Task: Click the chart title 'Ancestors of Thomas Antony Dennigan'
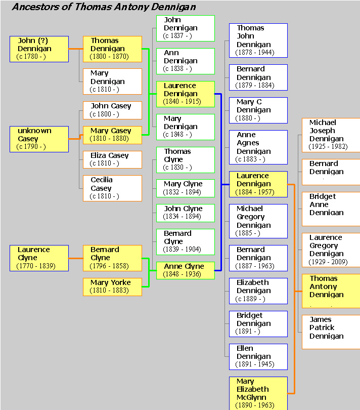104,7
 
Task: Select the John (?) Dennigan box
39,49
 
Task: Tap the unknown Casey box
39,139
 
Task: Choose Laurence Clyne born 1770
39,258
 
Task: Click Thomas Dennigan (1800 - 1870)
112,49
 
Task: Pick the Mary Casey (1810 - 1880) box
112,135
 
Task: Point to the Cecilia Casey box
112,188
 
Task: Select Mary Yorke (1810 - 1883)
112,286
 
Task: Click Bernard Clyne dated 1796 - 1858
112,258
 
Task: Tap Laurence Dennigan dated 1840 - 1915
185,94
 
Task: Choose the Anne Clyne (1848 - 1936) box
185,270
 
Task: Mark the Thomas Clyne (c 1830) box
185,159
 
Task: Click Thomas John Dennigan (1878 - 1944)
258,40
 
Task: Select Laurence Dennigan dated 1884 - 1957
258,184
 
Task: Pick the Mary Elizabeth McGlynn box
258,393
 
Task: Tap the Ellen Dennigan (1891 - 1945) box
258,356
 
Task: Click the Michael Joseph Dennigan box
331,135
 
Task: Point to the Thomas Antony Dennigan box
331,291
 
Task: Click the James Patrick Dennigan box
331,332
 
